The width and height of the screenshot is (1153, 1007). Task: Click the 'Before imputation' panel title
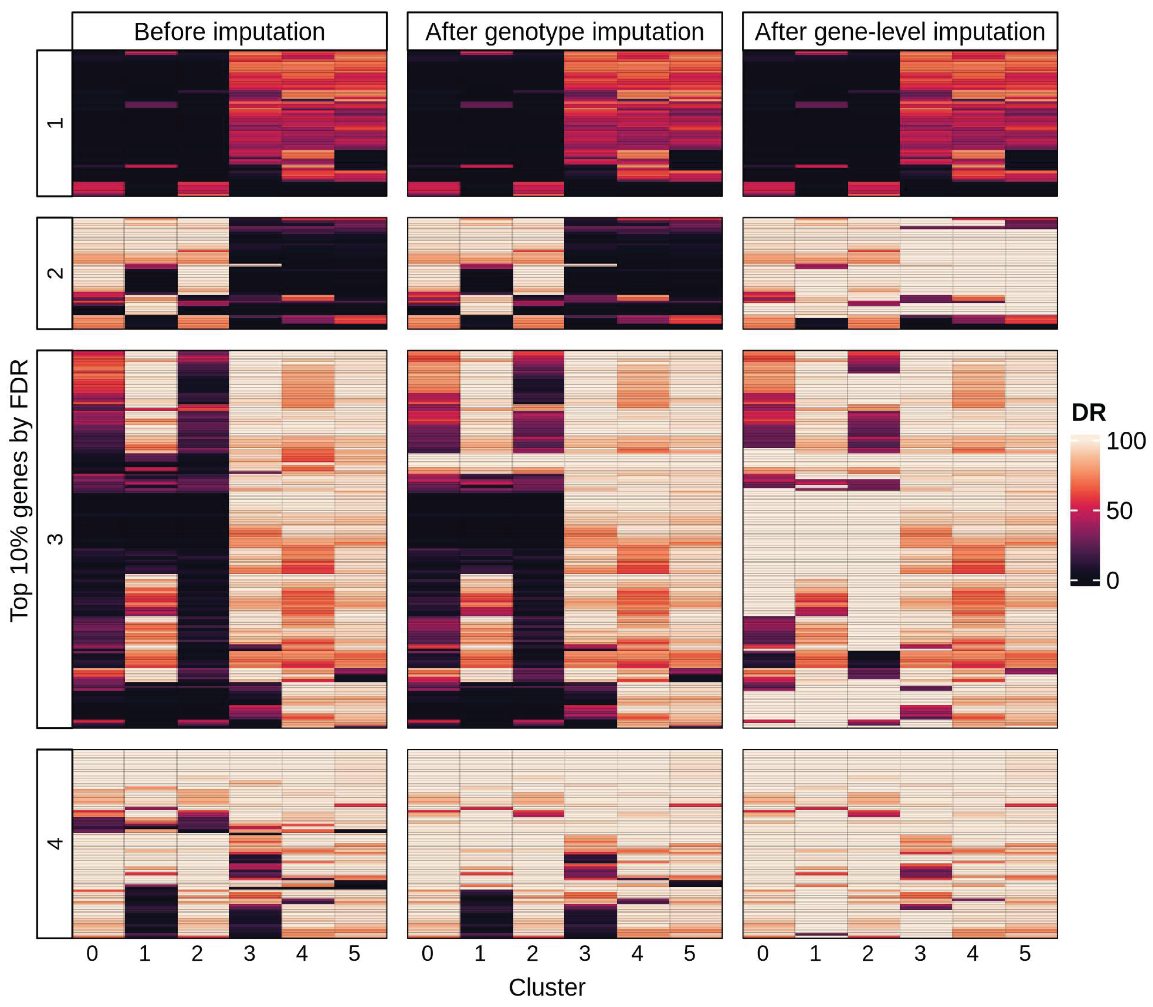coord(229,32)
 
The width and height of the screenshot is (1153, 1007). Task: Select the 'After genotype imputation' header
coord(564,32)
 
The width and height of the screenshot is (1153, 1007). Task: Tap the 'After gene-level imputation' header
coord(899,32)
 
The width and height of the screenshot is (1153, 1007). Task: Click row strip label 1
coord(54,123)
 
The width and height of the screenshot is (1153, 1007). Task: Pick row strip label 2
coord(54,273)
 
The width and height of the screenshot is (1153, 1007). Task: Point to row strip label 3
coord(54,539)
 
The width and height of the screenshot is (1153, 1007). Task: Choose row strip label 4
coord(54,843)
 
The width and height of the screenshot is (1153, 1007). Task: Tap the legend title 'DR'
coord(1088,413)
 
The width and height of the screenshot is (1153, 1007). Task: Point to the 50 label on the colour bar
coord(1119,511)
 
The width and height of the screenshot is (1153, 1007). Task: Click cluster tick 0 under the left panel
coord(92,954)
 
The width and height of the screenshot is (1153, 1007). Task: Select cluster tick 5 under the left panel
coord(354,954)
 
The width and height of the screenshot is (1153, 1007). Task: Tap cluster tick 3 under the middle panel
coord(585,954)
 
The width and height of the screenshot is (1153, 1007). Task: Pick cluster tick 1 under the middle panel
coord(480,954)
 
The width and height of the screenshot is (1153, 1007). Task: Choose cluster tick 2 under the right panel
coord(867,954)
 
